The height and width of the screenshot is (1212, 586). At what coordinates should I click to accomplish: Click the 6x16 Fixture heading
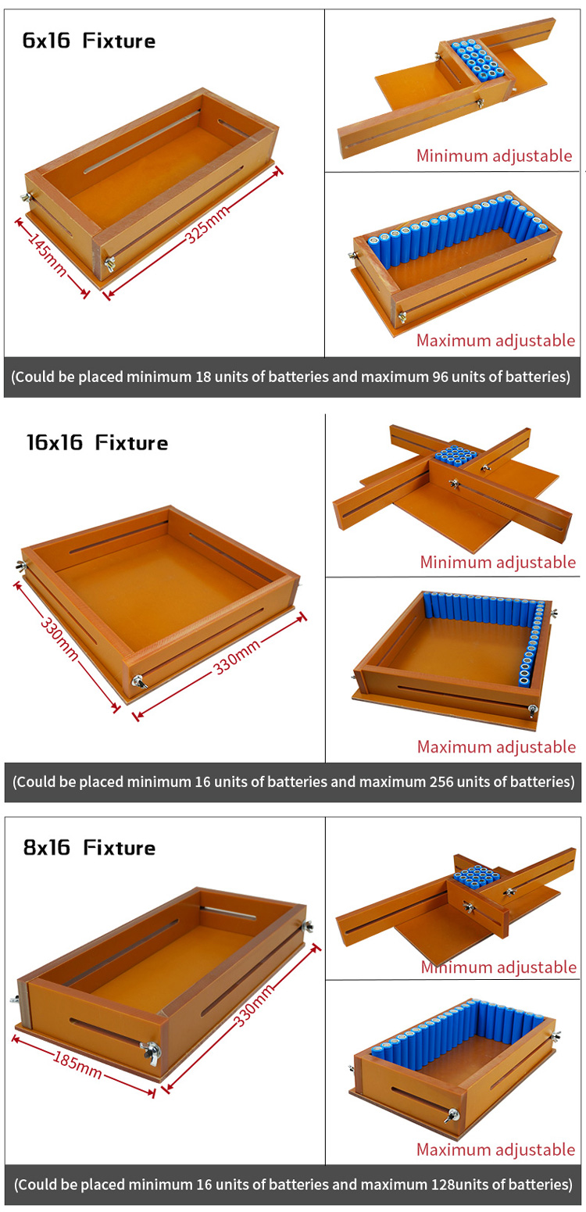pos(89,41)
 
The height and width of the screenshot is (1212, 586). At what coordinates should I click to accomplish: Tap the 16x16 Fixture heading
pos(98,442)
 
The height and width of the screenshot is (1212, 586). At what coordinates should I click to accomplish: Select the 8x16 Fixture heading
pos(89,847)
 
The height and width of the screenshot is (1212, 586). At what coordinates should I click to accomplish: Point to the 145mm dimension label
pos(48,254)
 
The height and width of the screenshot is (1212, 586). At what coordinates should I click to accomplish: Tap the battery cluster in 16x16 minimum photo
pos(455,455)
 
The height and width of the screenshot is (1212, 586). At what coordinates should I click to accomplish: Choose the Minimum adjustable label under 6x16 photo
pos(494,156)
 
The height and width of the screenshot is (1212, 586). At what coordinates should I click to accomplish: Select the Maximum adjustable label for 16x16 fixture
pos(496,747)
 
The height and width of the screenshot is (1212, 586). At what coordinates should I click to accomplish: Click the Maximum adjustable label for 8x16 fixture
pos(495,1149)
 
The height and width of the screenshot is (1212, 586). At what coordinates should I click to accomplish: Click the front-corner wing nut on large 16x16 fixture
pos(139,681)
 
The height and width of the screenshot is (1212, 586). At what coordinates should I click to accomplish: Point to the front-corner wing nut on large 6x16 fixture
pos(110,263)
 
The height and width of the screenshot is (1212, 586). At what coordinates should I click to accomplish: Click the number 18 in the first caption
pos(203,377)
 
